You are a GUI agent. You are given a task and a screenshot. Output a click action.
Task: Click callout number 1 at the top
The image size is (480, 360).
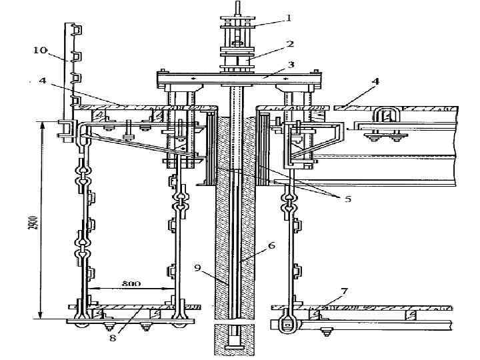point(289,19)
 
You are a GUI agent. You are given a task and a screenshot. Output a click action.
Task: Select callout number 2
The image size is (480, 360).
point(290,43)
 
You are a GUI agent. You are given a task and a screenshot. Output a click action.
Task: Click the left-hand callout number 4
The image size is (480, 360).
point(42,81)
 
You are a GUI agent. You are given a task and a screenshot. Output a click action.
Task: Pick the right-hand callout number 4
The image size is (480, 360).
point(376,81)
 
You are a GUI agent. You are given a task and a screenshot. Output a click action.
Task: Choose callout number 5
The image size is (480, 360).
point(348,199)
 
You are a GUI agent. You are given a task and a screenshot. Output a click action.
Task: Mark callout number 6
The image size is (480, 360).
point(271,245)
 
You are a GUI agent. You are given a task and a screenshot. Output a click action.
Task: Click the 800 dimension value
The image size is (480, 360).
point(131,283)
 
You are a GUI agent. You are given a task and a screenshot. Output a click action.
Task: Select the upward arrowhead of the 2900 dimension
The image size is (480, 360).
point(42,124)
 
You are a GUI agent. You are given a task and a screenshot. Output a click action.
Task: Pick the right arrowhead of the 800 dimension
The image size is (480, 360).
point(175,288)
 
